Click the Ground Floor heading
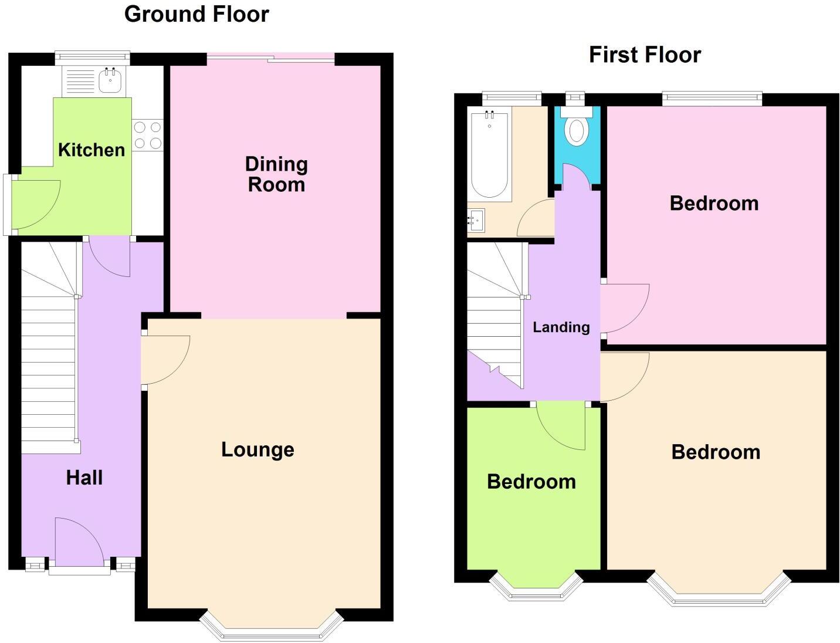[197, 14]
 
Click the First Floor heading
[645, 55]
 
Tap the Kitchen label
[92, 150]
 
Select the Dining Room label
[276, 174]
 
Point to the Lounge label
[258, 449]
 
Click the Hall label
[84, 478]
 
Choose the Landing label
[561, 327]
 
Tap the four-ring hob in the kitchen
[147, 135]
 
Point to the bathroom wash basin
[476, 221]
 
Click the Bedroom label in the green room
[531, 482]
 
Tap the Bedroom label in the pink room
[714, 203]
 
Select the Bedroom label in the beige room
[716, 452]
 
